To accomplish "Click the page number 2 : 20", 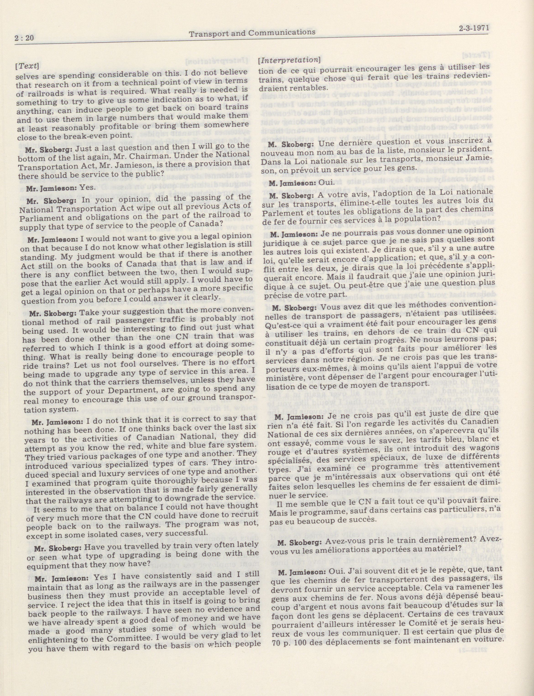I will pyautogui.click(x=24, y=39).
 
